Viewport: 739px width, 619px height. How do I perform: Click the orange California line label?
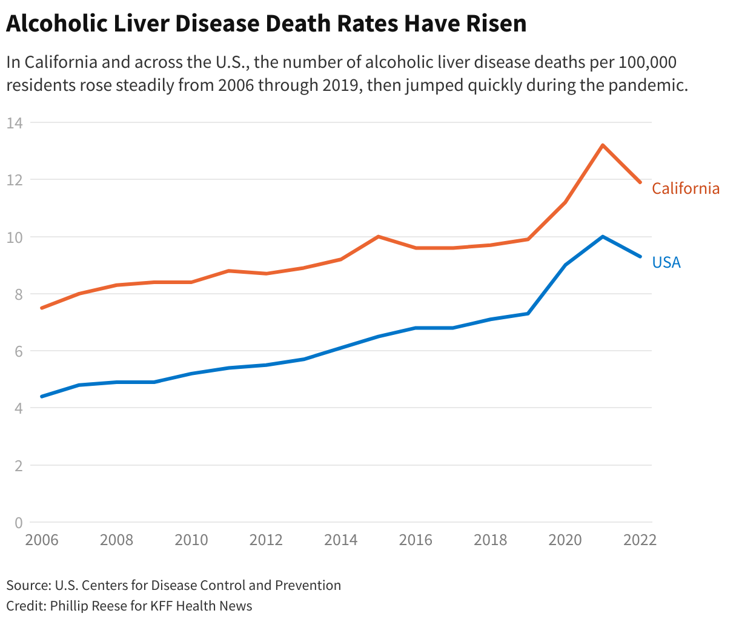point(686,188)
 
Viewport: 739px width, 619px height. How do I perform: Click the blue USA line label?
point(666,262)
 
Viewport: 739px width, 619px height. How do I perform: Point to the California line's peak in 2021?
point(603,145)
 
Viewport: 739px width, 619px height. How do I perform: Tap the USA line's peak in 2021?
point(603,236)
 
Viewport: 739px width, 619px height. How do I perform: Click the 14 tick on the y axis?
point(15,123)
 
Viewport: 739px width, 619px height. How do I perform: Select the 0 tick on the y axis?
point(18,522)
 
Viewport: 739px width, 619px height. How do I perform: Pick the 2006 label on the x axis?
point(42,540)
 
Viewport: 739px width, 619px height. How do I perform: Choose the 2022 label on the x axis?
point(640,540)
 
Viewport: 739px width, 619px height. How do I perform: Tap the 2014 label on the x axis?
point(341,540)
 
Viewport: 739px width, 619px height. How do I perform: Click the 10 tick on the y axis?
point(15,237)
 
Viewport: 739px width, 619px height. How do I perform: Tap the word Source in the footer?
point(28,585)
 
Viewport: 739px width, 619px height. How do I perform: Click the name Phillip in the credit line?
point(70,606)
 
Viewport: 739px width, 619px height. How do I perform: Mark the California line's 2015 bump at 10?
point(378,236)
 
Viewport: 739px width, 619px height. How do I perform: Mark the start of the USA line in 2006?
point(42,397)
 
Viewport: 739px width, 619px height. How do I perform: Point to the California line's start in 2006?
point(42,308)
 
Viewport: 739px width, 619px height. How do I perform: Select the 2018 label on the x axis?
point(491,540)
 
